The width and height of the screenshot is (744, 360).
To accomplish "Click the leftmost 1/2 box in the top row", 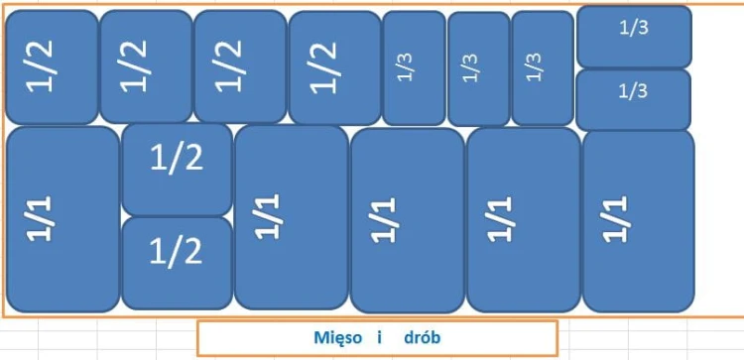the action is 52,66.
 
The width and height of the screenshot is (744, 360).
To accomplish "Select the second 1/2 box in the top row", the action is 146,66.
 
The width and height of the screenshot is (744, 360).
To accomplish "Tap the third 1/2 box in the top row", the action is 239,66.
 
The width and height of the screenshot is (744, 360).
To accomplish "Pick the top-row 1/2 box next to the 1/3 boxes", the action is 334,67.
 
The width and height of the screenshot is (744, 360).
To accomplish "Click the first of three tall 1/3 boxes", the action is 414,67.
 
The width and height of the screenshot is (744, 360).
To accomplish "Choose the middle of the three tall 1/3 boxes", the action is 478,67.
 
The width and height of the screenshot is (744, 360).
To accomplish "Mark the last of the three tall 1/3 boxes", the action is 543,67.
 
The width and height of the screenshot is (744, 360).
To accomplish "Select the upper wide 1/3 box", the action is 633,36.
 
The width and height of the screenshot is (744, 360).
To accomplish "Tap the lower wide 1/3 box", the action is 633,99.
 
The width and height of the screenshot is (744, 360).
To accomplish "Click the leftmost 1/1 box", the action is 62,218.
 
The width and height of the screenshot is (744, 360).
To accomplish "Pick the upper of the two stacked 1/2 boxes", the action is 177,169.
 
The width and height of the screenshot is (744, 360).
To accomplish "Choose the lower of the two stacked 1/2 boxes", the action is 177,263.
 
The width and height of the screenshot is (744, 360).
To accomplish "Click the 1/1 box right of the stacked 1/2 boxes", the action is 291,216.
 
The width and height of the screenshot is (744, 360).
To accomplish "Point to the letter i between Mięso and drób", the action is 379,338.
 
